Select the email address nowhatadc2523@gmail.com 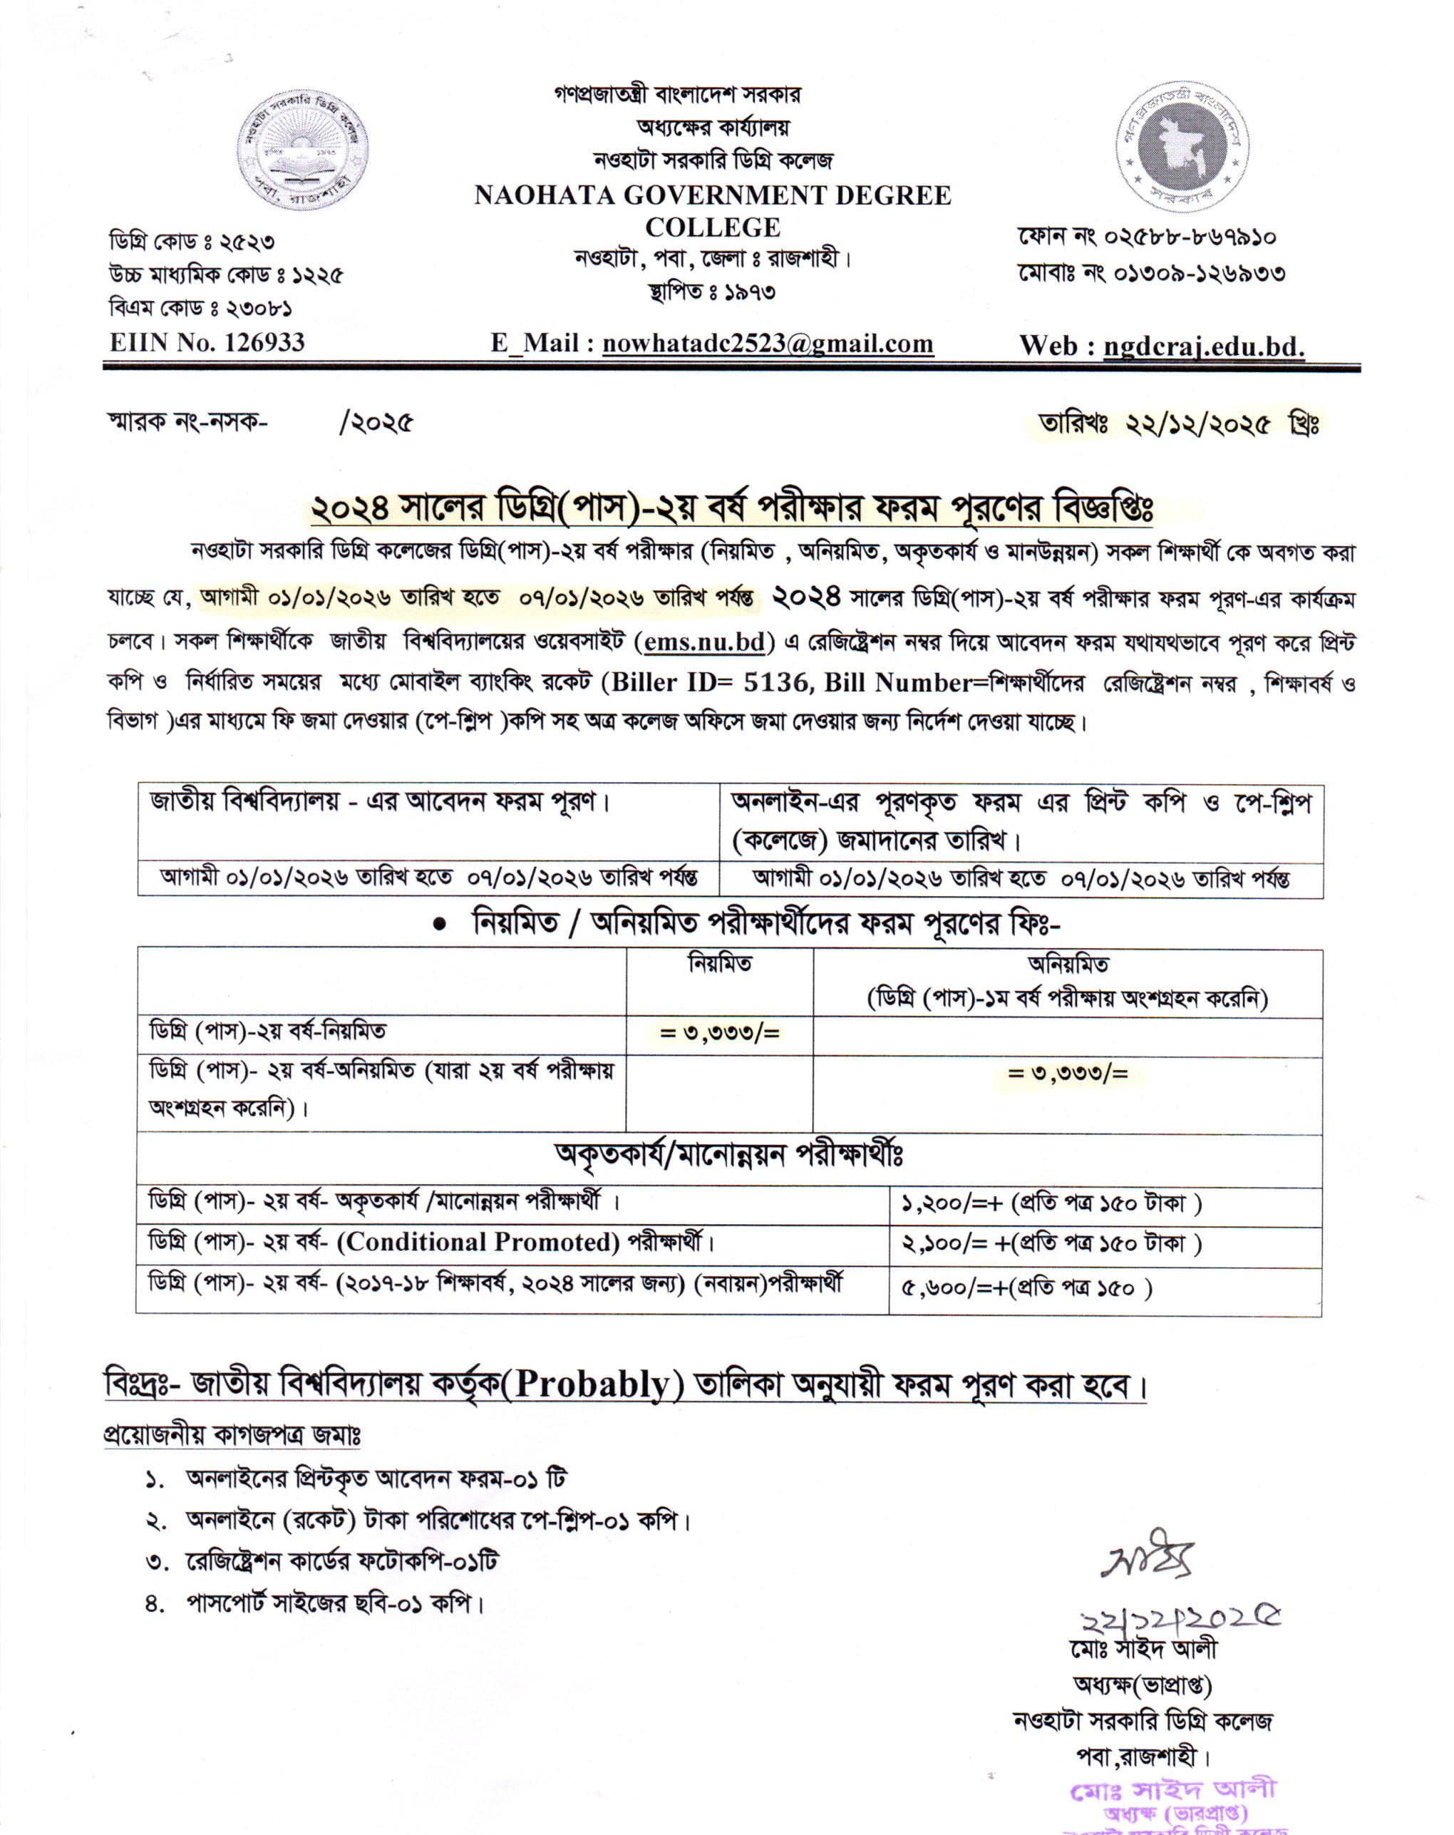click(768, 343)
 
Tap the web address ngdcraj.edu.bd click(1204, 346)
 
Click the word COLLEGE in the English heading click(712, 227)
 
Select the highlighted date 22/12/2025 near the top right click(1197, 423)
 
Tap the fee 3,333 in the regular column click(719, 1033)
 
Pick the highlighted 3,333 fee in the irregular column click(1068, 1073)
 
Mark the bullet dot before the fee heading click(439, 925)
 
